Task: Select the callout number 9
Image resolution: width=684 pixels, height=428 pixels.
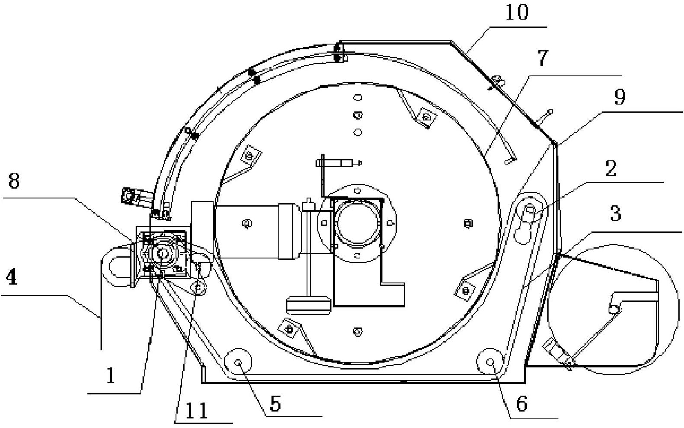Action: click(620, 97)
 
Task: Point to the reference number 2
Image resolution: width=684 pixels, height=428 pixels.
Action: click(611, 168)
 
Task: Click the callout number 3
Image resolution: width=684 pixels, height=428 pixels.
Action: click(615, 214)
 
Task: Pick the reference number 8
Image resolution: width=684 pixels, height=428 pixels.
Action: click(14, 180)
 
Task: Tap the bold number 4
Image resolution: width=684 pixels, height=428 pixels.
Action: click(12, 277)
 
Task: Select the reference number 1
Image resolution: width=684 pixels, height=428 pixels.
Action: click(110, 375)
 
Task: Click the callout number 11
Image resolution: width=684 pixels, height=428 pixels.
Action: click(197, 410)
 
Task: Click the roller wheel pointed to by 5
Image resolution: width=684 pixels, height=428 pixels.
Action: click(238, 362)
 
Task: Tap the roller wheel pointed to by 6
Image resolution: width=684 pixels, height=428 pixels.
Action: click(490, 362)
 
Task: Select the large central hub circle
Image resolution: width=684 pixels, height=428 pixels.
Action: click(357, 223)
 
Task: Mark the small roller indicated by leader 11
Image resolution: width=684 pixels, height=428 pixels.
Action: click(198, 287)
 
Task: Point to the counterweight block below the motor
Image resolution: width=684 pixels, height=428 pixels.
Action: click(308, 305)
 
